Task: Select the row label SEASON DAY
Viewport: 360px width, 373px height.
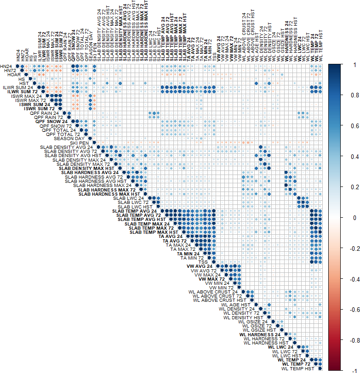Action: (69, 138)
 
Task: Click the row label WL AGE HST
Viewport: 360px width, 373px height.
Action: (235, 304)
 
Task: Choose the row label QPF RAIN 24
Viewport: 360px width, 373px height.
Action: (44, 113)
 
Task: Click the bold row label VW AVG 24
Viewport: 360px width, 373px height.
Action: (199, 266)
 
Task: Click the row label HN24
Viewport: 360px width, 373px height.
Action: (7, 66)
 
